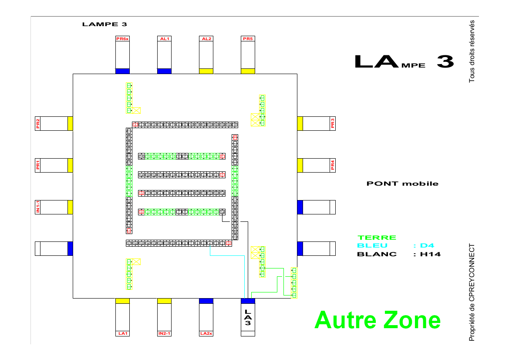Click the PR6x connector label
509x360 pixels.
(x=122, y=39)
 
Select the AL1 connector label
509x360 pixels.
(x=164, y=39)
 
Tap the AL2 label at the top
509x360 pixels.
(x=206, y=39)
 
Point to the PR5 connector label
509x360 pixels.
(x=248, y=39)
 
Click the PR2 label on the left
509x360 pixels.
(x=38, y=124)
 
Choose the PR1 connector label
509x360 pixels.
(x=38, y=165)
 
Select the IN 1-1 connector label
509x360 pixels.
(x=38, y=207)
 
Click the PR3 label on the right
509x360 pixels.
(x=333, y=124)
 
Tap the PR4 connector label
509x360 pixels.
(x=333, y=165)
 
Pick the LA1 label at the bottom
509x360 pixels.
(x=122, y=333)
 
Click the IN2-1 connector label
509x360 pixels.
(x=164, y=333)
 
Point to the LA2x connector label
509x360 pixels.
(x=206, y=333)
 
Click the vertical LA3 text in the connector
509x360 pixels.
(x=248, y=317)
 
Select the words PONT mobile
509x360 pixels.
(x=402, y=183)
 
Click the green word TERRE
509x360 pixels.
(x=377, y=238)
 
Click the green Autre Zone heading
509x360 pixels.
(x=377, y=320)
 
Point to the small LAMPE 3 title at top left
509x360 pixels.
(x=104, y=24)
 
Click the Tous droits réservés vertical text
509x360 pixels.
(x=472, y=51)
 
